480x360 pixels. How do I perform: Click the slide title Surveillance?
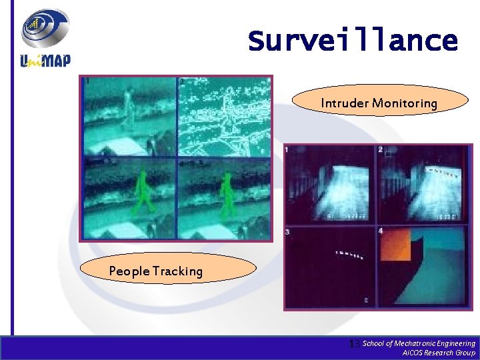click(x=353, y=41)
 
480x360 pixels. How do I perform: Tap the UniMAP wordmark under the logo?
click(x=45, y=60)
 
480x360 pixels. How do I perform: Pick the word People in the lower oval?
click(x=129, y=271)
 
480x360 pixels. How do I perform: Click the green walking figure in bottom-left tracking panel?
click(x=142, y=193)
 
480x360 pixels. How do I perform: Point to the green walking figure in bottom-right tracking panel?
click(x=227, y=193)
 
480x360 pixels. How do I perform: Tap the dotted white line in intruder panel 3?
click(x=349, y=255)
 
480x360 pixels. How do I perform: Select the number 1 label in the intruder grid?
click(x=287, y=150)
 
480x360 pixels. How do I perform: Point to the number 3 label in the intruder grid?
click(x=287, y=231)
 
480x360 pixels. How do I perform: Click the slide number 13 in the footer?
click(x=355, y=343)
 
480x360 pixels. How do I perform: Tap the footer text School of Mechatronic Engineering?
click(x=419, y=343)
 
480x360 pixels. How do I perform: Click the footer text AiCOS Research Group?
click(x=439, y=353)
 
